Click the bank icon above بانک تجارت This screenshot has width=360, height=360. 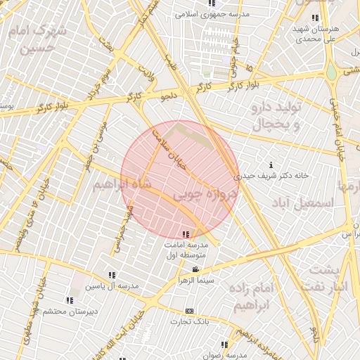coord(189,311)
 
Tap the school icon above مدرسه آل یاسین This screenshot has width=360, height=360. coord(112,276)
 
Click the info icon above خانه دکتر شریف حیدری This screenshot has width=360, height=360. coord(271,165)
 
